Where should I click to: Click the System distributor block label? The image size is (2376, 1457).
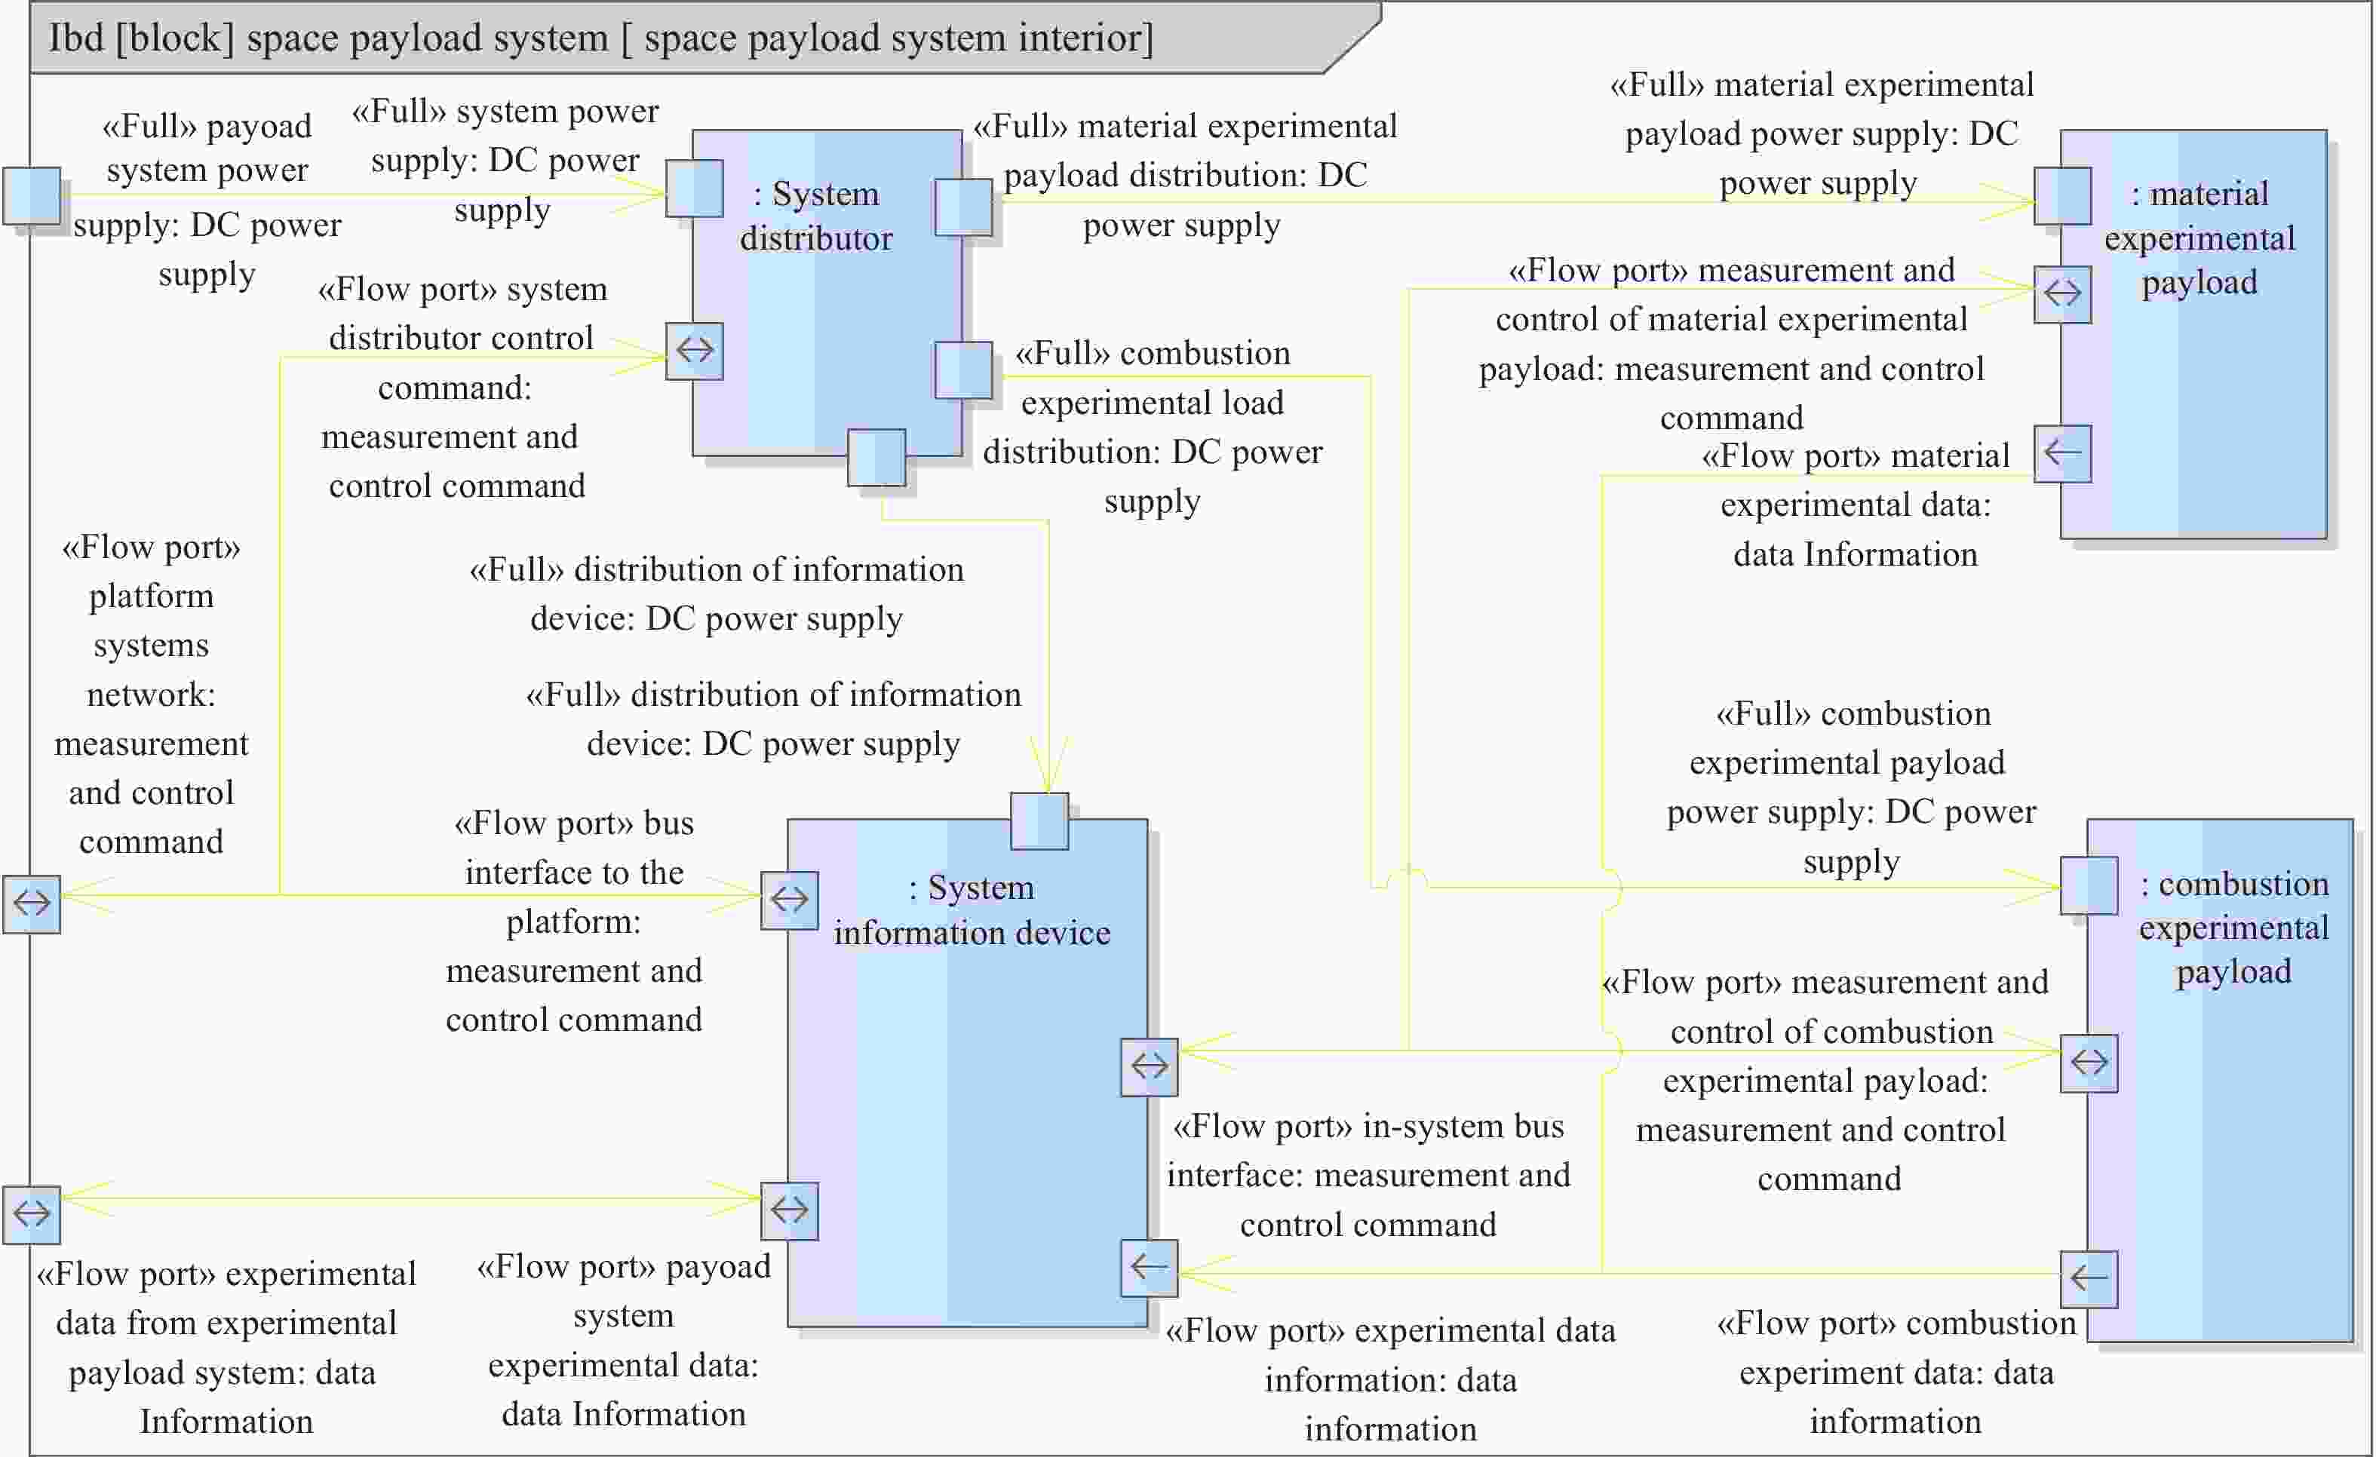(x=816, y=216)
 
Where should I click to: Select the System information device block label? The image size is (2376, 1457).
(x=972, y=909)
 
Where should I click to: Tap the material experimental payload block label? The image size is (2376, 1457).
(x=2199, y=238)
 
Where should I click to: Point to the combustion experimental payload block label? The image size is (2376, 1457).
(x=2233, y=928)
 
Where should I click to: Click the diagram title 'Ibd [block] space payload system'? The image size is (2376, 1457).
(x=600, y=38)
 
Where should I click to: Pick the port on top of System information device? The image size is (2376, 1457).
(x=1039, y=821)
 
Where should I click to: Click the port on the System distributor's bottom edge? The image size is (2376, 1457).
(x=876, y=458)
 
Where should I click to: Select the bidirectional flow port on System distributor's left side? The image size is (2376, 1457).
(x=694, y=351)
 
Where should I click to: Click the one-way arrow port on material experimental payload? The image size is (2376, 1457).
(x=2063, y=453)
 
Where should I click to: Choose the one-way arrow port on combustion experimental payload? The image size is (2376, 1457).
(x=2089, y=1278)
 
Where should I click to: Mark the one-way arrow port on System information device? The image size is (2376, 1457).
(x=1150, y=1267)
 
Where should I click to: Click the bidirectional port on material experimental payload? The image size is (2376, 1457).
(x=2063, y=294)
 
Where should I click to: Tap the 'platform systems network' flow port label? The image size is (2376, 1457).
(x=152, y=695)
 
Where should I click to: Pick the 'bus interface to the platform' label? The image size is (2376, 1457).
(x=574, y=921)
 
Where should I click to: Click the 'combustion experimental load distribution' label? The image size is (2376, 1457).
(x=1153, y=427)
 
